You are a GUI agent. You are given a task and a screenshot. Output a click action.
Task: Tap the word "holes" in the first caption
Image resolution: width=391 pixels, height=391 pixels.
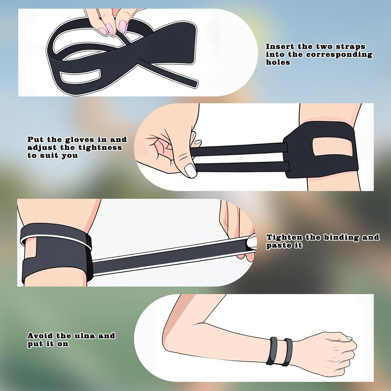tap(278, 62)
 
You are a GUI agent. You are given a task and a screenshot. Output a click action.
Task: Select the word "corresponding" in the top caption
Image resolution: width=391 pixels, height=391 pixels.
tap(339, 54)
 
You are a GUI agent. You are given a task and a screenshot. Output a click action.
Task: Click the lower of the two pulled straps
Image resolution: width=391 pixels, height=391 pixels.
tap(242, 167)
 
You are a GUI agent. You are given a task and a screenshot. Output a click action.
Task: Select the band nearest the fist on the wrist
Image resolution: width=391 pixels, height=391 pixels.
tap(288, 352)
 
